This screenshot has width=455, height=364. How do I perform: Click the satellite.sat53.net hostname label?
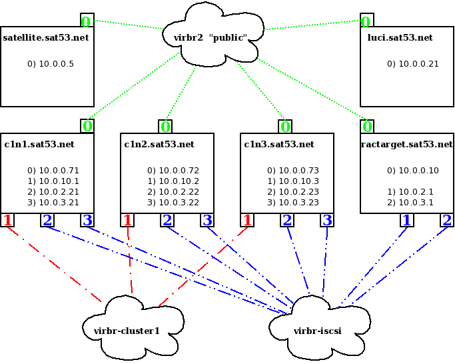coord(46,38)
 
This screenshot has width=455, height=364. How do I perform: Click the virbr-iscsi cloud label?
coord(317,330)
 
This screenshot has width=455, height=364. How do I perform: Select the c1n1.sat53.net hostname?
coord(39,144)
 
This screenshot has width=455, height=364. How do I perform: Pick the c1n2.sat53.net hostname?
coord(159,144)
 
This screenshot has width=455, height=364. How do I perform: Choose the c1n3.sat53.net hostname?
coord(279,144)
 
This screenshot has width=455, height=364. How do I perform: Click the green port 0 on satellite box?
coord(87,21)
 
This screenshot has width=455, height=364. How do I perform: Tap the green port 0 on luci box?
coord(366,21)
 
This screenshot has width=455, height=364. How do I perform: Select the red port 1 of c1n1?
coord(8,220)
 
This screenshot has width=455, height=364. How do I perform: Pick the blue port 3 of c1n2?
coord(207,220)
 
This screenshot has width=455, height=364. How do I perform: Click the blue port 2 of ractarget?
coord(446,220)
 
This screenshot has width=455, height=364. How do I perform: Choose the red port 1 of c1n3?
coord(248,220)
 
